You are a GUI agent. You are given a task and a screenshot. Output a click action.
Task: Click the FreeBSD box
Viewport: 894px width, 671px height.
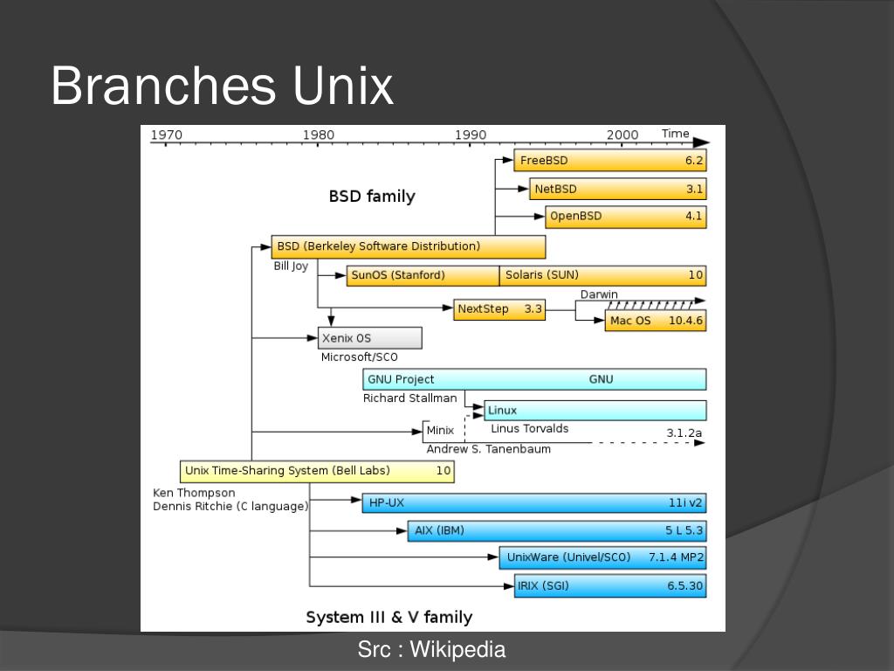609,161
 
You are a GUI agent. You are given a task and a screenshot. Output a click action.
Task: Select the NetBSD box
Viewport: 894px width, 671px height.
617,189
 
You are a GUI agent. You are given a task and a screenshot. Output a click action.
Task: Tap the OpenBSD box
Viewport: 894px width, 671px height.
625,216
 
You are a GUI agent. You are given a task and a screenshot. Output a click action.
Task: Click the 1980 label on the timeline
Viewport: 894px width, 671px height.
318,135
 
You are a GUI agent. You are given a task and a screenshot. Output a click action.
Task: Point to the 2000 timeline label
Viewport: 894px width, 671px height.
622,135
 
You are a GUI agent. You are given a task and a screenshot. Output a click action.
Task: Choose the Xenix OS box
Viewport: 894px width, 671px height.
369,338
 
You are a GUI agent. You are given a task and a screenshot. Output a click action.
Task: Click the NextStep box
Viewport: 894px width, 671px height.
499,309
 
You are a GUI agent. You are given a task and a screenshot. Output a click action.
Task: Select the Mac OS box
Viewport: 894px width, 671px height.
655,321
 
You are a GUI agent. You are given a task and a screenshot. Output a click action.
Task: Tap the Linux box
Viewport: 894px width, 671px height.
595,410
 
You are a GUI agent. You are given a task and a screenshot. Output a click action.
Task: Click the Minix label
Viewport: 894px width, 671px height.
440,430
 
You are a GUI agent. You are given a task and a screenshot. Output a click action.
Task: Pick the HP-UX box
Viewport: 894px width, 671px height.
533,502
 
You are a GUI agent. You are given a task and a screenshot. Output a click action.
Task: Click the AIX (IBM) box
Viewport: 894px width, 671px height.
556,530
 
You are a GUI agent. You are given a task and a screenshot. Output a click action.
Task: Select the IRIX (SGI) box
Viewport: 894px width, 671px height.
610,585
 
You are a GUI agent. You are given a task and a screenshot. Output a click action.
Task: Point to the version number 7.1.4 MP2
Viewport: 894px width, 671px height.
676,557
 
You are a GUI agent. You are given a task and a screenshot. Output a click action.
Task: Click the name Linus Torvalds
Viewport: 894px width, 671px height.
529,428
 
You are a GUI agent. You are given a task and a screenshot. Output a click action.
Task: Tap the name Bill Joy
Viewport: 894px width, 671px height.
291,266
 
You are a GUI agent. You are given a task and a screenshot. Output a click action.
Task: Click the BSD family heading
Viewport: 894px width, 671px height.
372,197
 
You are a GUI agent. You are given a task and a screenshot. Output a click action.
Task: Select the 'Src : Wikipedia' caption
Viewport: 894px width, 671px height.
431,649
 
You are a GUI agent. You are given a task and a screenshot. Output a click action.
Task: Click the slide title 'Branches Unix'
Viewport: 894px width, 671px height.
223,86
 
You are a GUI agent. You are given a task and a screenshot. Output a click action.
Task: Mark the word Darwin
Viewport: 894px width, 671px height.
599,294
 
